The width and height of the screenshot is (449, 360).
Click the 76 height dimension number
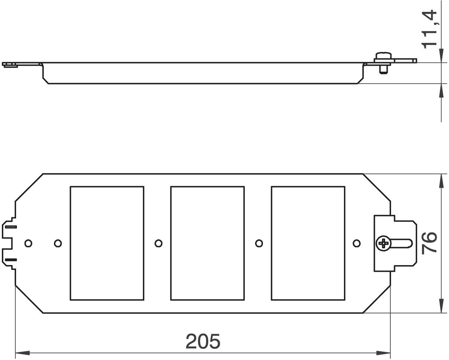pos(429,243)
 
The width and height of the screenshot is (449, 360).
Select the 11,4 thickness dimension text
pos(429,29)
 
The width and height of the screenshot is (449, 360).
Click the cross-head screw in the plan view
pos(383,243)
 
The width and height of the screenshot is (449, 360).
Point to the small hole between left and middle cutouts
pos(159,243)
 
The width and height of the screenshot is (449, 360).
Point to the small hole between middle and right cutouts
pos(259,243)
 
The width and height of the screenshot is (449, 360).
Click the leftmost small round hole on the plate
pos(28,243)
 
